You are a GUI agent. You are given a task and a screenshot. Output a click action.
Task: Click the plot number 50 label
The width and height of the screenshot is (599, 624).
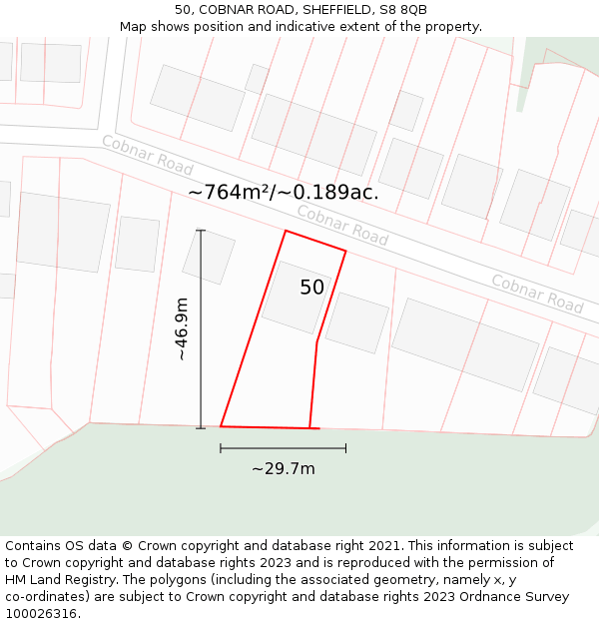(311, 288)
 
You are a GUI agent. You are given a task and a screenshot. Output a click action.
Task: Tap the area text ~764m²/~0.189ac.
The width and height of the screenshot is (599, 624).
(283, 193)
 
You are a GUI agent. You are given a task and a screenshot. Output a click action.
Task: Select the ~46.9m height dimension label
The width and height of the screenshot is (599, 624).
(181, 329)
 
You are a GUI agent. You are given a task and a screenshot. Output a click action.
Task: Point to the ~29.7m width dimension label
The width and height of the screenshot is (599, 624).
(283, 468)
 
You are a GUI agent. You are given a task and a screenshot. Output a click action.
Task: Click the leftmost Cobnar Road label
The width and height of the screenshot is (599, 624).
(147, 155)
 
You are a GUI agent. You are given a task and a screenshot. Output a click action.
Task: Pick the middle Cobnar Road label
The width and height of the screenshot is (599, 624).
(342, 225)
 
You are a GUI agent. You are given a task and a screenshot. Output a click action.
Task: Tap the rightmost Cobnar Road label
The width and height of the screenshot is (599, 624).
(536, 293)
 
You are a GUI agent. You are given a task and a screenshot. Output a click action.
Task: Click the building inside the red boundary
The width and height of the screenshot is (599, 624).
(297, 297)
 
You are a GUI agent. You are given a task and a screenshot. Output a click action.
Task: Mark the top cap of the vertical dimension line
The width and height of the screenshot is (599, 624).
(201, 231)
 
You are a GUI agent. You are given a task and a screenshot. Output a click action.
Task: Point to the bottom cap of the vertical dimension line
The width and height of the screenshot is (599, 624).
(201, 428)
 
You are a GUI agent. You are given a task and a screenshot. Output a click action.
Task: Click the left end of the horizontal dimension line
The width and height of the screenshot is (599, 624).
(221, 448)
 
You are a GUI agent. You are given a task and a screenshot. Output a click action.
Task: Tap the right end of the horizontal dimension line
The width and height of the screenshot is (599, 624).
(345, 448)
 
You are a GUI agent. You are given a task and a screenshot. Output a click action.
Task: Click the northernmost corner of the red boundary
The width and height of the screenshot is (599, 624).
(286, 231)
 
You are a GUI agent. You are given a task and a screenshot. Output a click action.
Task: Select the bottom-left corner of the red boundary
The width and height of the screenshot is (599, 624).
(221, 426)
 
